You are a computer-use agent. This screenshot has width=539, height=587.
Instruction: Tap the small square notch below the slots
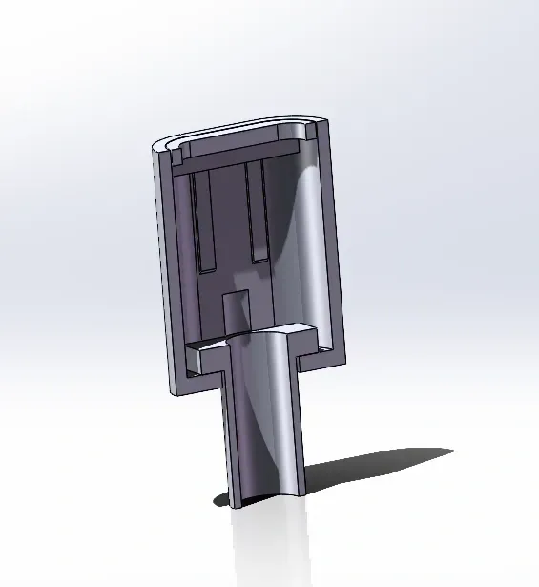[x=233, y=310]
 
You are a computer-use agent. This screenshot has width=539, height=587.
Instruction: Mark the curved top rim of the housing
[x=238, y=131]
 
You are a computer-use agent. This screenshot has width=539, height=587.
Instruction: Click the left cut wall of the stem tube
[x=230, y=439]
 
